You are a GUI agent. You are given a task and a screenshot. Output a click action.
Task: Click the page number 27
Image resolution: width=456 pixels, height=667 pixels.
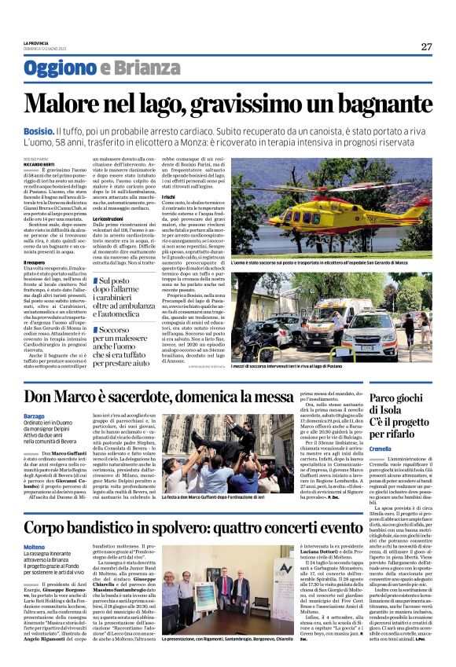pyautogui.click(x=426, y=46)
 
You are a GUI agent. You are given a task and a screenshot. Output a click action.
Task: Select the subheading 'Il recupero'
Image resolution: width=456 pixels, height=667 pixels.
pyautogui.click(x=35, y=262)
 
